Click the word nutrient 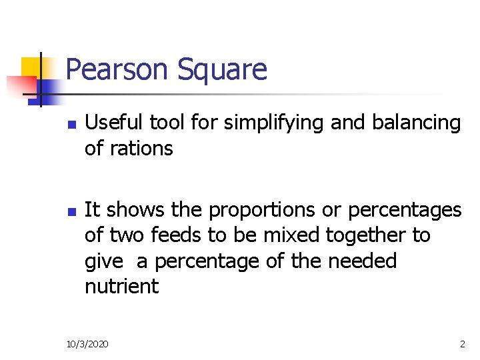121,287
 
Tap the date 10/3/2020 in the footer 89,344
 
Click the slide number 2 462,344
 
